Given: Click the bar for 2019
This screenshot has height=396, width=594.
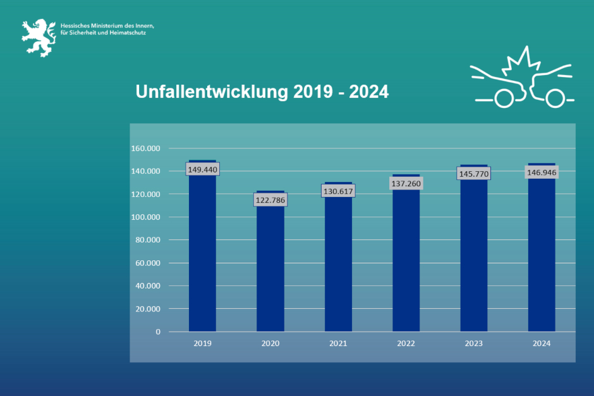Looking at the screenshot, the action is coord(202,246).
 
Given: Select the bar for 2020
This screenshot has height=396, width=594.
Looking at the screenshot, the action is coord(270,261).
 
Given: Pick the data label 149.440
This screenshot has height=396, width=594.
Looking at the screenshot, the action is coord(203,169).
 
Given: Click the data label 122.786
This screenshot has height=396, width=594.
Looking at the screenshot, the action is coord(270,200).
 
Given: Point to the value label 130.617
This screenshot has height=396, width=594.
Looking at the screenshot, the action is coord(338,191).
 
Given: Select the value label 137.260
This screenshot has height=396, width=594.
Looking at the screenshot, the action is coord(406,184).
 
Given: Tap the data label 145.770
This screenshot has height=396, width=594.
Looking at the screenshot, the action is coord(474,174).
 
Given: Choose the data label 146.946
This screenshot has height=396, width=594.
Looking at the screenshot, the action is coord(542,172).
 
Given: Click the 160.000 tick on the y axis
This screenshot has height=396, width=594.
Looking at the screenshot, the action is coord(146,148).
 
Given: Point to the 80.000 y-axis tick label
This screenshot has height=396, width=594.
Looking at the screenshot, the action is coord(148,239).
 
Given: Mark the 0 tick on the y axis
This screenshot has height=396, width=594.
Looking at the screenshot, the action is coord(158,332).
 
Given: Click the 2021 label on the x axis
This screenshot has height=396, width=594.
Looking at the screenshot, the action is coord(338,344).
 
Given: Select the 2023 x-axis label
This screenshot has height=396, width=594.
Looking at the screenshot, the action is coord(474,344).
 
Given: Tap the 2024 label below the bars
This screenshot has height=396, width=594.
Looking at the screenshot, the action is coord(542,344).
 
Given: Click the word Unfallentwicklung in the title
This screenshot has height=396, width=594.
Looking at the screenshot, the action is coord(212,92).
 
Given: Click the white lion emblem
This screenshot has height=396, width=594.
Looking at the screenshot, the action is coord(39,38).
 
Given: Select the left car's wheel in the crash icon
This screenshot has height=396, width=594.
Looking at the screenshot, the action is coord(504,99).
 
